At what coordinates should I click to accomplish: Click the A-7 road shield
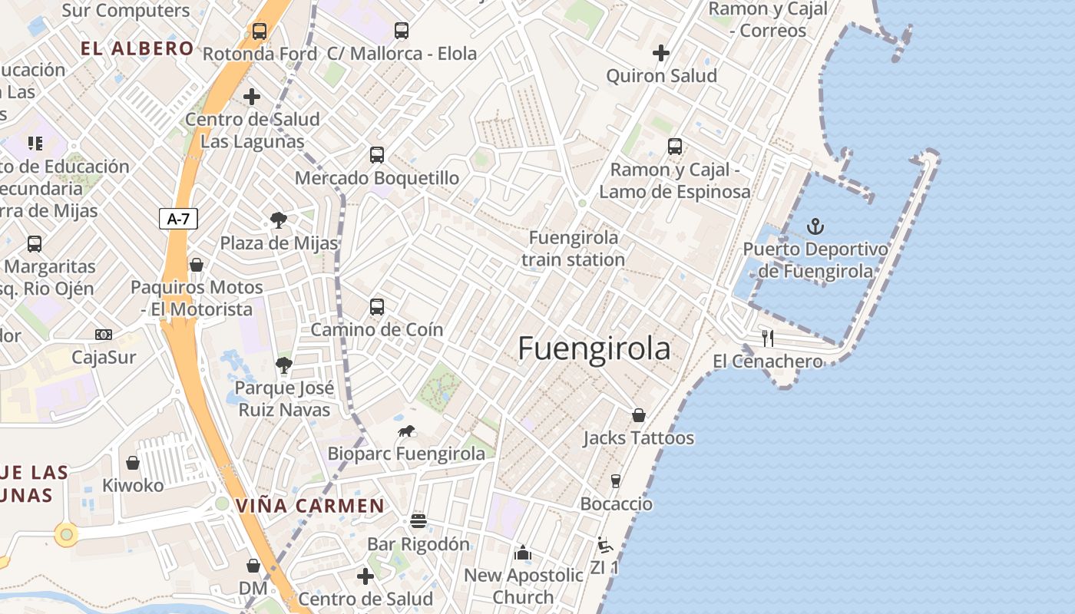pos(178,219)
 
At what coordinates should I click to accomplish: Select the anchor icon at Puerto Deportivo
pos(815,226)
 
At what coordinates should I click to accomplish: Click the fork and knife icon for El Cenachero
pos(767,338)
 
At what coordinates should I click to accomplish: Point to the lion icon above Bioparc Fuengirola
pos(406,431)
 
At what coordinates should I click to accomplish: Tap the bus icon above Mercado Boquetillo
pos(376,154)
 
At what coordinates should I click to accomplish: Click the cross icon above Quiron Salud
pos(660,53)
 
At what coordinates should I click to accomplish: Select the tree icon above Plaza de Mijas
pos(279,220)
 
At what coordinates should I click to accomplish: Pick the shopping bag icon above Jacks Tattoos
pos(638,415)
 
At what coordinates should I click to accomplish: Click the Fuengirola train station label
pos(573,249)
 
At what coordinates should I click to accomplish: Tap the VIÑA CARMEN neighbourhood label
pos(309,506)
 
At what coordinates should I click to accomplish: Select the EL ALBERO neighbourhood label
pos(137,48)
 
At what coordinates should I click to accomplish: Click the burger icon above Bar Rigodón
pos(418,521)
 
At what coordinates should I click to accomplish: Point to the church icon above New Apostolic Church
pos(523,552)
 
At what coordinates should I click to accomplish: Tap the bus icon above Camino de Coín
pos(376,306)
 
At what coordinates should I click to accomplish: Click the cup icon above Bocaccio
pos(615,481)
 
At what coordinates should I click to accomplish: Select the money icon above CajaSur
pos(104,335)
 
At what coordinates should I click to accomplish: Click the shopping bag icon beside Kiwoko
pos(133,463)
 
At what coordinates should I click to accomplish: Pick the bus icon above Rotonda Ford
pos(260,31)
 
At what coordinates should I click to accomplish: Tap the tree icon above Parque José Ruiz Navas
pos(284,365)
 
